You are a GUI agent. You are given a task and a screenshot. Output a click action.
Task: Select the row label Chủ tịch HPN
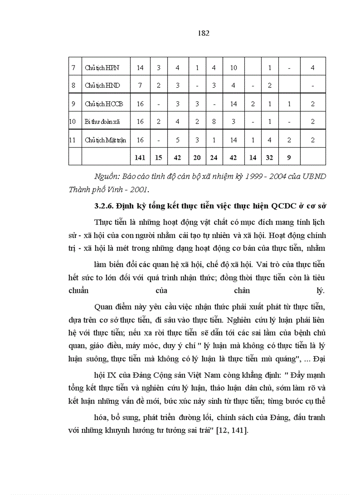[x=101, y=68]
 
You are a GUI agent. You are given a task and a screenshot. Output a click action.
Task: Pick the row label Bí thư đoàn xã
[x=102, y=122]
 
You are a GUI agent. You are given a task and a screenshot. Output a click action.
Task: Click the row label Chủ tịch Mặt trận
[x=105, y=140]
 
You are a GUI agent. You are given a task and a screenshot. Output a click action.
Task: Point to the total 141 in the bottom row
[x=140, y=156]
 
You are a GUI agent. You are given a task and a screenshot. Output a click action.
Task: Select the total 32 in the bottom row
[x=269, y=156]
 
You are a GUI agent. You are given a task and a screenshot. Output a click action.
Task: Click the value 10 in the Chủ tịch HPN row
[x=233, y=68]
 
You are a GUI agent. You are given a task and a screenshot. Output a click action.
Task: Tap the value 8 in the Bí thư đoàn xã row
[x=214, y=122]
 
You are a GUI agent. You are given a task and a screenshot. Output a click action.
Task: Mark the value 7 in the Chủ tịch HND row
[x=140, y=86]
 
